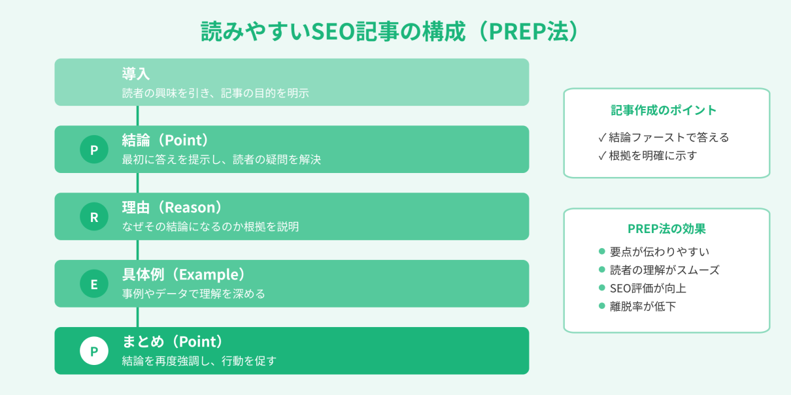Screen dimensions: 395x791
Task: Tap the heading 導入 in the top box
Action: point(136,74)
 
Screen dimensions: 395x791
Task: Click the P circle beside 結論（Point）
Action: point(94,150)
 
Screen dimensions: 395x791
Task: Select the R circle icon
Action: point(94,217)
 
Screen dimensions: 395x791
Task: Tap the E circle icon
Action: point(94,284)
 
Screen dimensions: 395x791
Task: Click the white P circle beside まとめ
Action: point(94,351)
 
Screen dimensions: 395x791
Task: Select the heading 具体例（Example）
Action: point(184,275)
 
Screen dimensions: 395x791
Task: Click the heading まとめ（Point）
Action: point(173,342)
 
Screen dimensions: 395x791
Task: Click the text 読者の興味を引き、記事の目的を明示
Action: point(215,93)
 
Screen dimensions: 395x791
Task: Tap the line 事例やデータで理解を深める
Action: point(194,294)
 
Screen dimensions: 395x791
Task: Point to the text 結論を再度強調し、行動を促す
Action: point(199,361)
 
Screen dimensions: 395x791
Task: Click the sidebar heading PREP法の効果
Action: point(666,229)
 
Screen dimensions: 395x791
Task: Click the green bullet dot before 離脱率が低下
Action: point(602,306)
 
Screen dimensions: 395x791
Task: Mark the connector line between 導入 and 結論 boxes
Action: point(137,116)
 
